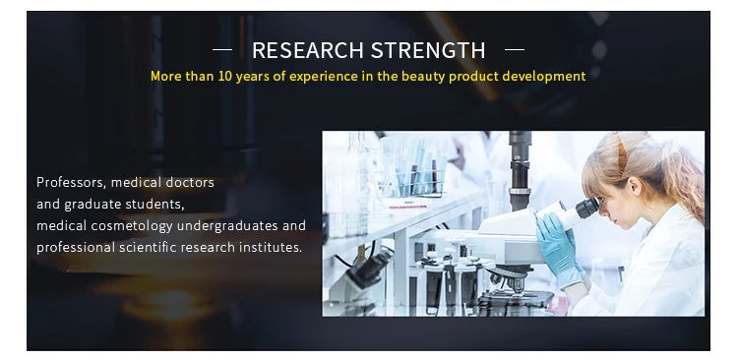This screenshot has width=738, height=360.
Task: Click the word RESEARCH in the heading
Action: pyautogui.click(x=307, y=50)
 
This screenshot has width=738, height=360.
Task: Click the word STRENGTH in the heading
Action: pyautogui.click(x=428, y=50)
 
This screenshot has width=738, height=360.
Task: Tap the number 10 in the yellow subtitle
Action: pyautogui.click(x=225, y=76)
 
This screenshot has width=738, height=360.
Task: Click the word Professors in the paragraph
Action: pyautogui.click(x=72, y=183)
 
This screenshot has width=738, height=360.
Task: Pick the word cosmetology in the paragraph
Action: pyautogui.click(x=132, y=226)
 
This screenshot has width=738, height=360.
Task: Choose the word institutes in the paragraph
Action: pyautogui.click(x=271, y=247)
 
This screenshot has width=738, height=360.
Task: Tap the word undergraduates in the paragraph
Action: pyautogui.click(x=228, y=226)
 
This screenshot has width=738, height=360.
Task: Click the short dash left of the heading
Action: pyautogui.click(x=222, y=49)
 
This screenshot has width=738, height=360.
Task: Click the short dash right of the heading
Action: pyautogui.click(x=515, y=49)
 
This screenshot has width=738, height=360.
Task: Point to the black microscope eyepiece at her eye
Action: pyautogui.click(x=586, y=208)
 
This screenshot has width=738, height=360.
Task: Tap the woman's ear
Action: pyautogui.click(x=636, y=186)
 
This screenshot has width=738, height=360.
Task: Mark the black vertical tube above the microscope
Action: pyautogui.click(x=520, y=170)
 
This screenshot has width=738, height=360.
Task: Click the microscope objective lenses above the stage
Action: pyautogui.click(x=511, y=279)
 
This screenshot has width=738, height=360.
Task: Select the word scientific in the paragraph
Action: pyautogui.click(x=148, y=247)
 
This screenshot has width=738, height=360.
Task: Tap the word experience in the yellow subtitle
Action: pyautogui.click(x=324, y=77)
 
